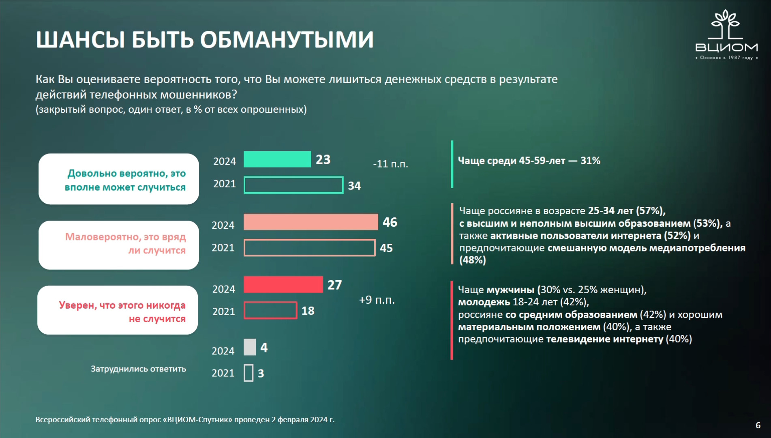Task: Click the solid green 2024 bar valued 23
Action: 277,159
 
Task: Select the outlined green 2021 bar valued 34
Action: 293,185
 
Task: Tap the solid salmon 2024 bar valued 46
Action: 311,222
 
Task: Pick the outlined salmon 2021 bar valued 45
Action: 309,248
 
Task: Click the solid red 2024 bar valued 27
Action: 283,284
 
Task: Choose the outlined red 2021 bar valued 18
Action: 270,310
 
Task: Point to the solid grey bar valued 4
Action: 250,347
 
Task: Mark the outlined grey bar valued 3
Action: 248,373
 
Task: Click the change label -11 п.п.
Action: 390,164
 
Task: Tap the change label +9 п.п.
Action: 377,300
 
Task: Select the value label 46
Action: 390,222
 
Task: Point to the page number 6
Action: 758,425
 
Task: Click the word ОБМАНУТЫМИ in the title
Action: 287,40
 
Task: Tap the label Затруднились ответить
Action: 138,369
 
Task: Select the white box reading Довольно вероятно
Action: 119,179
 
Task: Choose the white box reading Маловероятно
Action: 119,245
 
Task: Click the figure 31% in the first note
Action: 590,161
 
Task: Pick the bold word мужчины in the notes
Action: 510,290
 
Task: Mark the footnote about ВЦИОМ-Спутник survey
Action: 185,419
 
